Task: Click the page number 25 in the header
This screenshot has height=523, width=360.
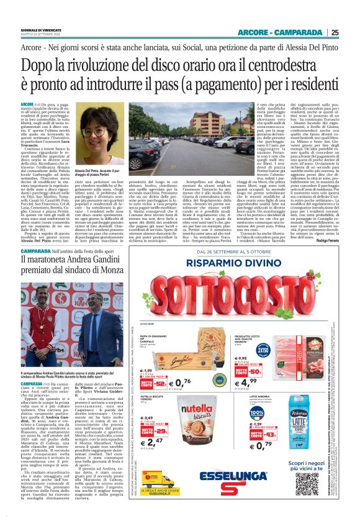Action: coord(352,33)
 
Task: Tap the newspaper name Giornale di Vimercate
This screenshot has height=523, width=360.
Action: coord(42,30)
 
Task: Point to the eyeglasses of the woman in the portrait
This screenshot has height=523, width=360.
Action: coord(94,132)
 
